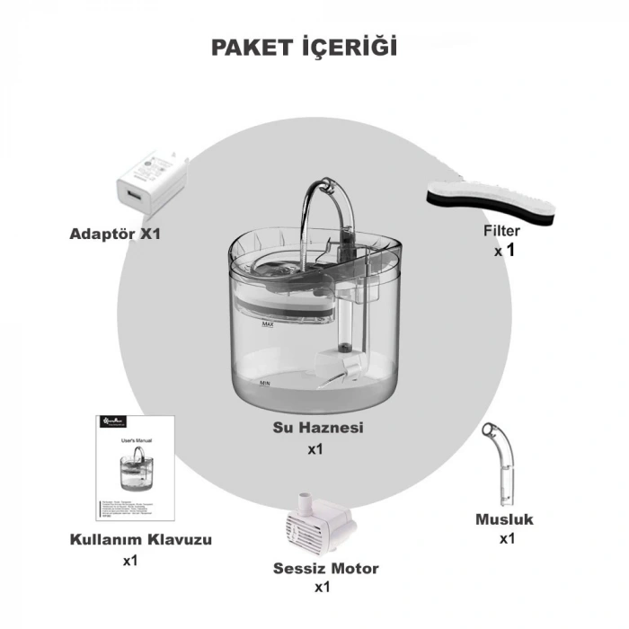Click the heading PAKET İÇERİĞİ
point(304,48)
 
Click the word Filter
point(501,232)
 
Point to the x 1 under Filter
point(503,252)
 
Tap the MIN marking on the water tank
point(265,383)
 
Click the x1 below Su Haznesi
point(314,448)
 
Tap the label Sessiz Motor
point(325,568)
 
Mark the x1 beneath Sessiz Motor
point(323,588)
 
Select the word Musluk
point(504,519)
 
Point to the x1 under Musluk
point(508,539)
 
